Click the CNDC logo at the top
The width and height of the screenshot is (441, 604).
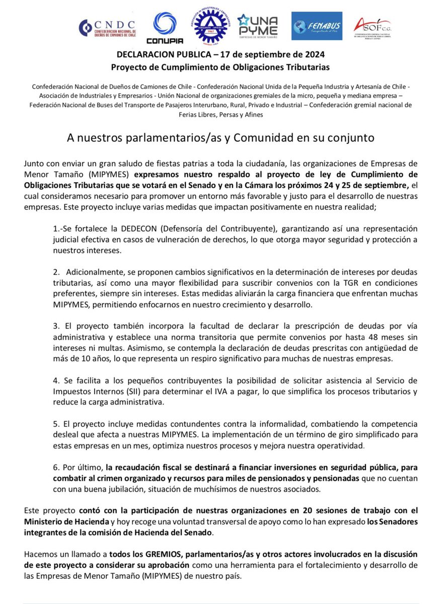[107, 28]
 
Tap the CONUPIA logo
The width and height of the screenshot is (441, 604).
[164, 28]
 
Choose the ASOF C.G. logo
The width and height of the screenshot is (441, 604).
[372, 28]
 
